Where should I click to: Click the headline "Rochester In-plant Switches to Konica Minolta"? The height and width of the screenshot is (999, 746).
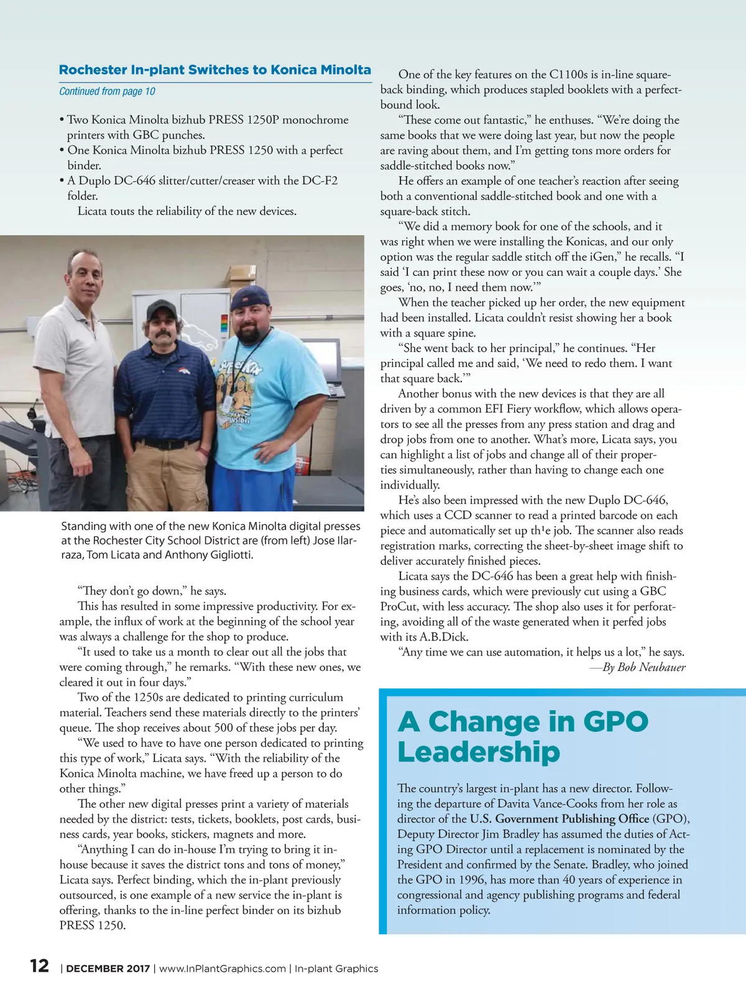coord(214,70)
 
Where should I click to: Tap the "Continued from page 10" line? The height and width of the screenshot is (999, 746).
coord(107,91)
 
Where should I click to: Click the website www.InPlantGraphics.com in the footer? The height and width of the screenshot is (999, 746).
coord(223,969)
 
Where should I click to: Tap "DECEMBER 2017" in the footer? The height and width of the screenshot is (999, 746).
coord(108,969)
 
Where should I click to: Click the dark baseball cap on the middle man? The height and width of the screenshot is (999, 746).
coord(162,309)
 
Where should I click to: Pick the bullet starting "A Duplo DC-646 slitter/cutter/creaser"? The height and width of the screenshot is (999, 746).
coord(202,181)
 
